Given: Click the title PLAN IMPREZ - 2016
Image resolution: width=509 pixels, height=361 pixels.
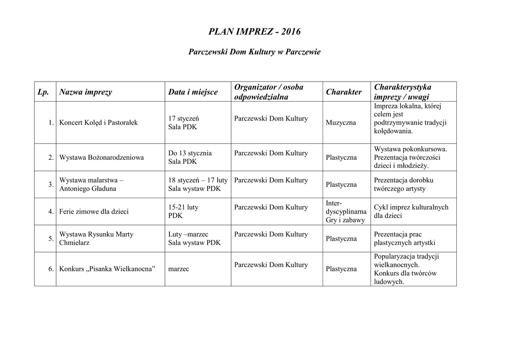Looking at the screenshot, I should tap(254, 32).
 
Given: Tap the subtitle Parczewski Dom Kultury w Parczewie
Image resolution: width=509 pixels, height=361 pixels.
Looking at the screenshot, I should tap(254, 52).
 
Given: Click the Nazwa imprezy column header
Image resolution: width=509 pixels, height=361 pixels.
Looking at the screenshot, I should tap(85, 92).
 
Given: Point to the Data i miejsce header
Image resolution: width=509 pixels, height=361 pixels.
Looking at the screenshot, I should tap(193, 92).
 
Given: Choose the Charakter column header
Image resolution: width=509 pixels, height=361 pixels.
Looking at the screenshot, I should tap(343, 92).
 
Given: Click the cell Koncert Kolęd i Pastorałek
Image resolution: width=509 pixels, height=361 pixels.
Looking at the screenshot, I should tap(98, 122).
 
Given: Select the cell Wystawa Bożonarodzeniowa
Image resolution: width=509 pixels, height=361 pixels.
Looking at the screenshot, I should tap(101, 157).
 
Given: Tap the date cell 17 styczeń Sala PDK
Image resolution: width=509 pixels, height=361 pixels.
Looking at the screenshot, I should tap(183, 122).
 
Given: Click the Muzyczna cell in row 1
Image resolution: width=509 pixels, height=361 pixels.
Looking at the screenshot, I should tap(341, 122).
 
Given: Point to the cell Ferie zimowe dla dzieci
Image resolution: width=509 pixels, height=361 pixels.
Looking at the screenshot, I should tap(94, 212).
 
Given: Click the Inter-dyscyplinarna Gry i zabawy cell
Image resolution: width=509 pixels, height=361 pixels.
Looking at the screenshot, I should tap(346, 212).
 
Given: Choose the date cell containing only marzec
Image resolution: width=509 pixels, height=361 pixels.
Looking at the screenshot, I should tap(179, 269).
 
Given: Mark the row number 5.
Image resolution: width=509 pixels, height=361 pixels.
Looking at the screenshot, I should tap(51, 239).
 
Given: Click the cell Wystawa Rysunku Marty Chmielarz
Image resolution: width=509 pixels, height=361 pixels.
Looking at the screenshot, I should tap(96, 239).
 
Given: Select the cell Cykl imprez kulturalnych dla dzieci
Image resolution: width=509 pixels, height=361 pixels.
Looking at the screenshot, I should tap(411, 212).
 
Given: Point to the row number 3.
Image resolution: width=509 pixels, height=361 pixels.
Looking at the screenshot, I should tap(51, 185).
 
